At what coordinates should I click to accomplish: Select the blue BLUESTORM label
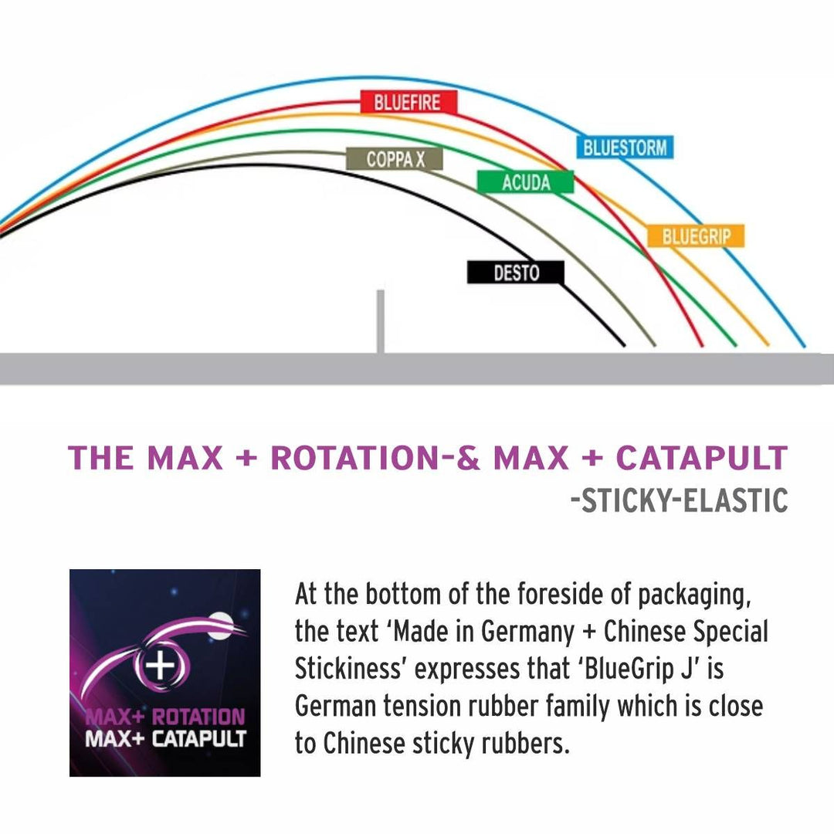(625, 147)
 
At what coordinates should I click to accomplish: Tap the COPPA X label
(395, 159)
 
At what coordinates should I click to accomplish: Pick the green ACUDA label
(526, 182)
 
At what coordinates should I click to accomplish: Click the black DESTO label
(516, 273)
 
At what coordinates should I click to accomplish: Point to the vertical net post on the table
(380, 321)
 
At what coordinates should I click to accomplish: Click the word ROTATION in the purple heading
(355, 458)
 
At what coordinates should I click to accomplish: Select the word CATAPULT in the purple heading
(701, 458)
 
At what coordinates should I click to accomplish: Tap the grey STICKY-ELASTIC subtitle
(679, 500)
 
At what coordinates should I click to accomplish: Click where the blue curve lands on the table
(803, 346)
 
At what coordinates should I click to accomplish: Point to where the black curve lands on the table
(622, 344)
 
